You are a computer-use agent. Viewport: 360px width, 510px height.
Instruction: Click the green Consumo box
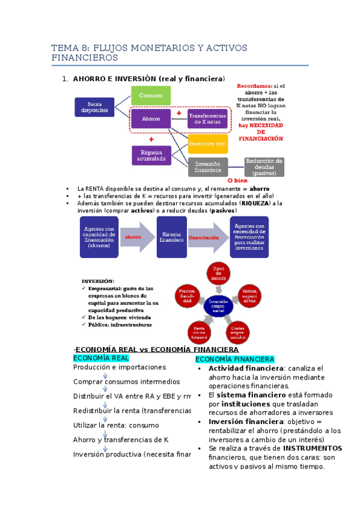(151, 96)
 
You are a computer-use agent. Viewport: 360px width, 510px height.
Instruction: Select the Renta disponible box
(94, 107)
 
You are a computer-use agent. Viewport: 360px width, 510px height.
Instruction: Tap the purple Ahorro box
(151, 119)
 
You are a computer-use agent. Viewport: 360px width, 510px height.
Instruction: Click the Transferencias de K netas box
(207, 118)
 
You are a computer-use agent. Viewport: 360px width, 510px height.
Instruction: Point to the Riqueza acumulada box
(151, 155)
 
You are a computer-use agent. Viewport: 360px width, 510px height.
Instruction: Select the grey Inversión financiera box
(207, 167)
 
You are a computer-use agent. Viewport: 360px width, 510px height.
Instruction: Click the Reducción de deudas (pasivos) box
(264, 167)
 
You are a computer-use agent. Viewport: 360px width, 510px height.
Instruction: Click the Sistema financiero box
(171, 237)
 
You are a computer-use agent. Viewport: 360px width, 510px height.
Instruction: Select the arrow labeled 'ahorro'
(135, 237)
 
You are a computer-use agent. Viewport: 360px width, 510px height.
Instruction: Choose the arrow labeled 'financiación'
(203, 237)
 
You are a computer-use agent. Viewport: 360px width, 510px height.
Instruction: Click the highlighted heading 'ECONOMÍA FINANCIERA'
(227, 359)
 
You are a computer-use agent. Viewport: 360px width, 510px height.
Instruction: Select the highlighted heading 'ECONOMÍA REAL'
(101, 358)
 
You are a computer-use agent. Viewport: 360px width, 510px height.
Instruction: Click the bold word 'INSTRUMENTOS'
(312, 448)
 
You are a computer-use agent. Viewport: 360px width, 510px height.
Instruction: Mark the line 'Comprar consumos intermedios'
(126, 381)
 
